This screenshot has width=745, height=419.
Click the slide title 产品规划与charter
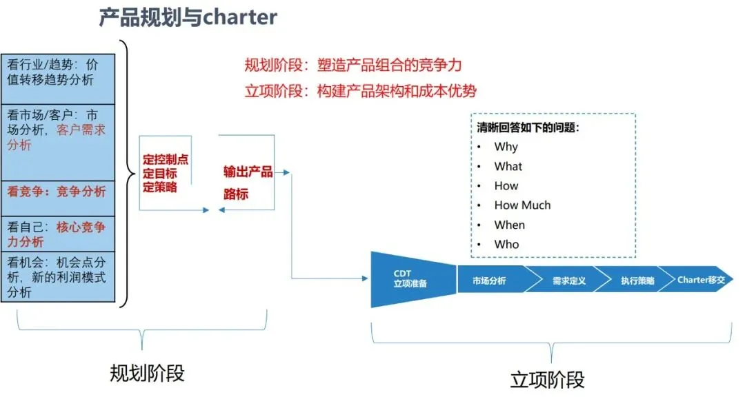pos(188,17)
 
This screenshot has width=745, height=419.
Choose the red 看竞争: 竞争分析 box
pos(58,192)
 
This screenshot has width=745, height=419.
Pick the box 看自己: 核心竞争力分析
pos(58,234)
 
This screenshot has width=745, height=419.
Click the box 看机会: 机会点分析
pos(58,277)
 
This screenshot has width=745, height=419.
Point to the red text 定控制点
pos(166,160)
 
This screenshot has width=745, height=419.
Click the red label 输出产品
pos(248,172)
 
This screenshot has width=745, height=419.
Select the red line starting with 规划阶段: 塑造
pos(353,65)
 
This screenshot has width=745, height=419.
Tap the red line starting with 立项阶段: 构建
pos(360,91)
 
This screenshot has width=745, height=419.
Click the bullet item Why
pos(506,147)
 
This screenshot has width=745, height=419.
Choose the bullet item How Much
pos(522,205)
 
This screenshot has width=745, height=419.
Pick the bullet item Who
pos(506,245)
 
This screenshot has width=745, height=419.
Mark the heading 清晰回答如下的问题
pos(528,127)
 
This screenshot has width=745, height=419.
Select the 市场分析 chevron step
pos(491,280)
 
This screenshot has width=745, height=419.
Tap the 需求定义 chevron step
pos(568,280)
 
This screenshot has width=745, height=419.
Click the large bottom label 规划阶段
pos(148,373)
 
